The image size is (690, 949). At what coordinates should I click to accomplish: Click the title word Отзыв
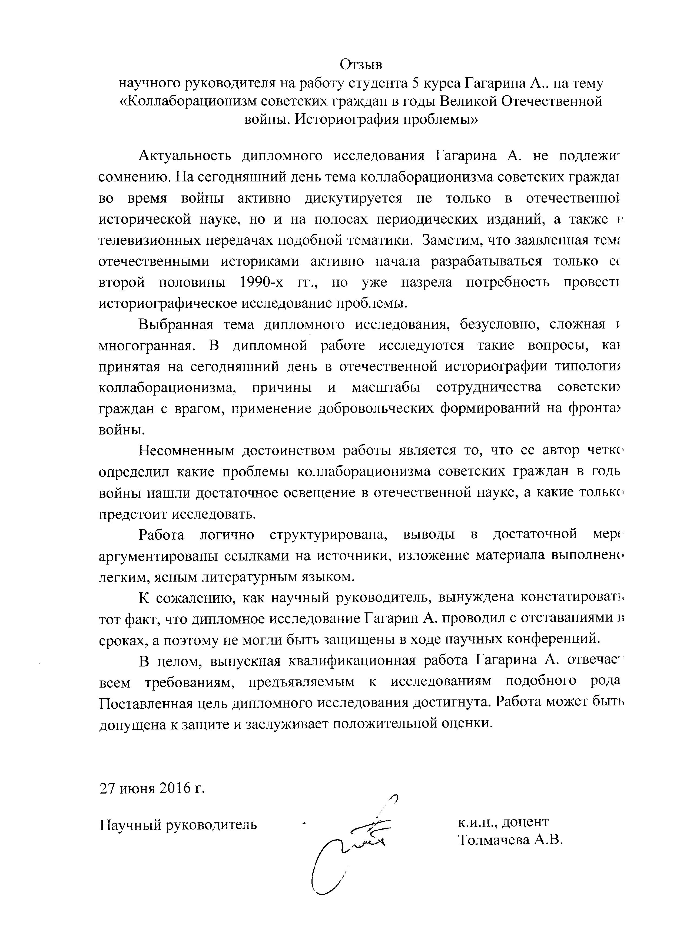click(x=361, y=65)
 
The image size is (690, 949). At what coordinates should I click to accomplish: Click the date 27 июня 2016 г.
click(x=152, y=789)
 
